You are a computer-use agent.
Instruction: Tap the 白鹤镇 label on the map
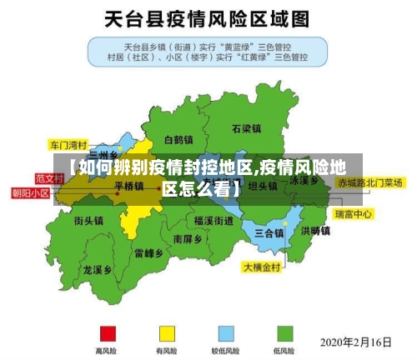click(178, 139)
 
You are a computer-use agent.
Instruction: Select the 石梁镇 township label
click(247, 129)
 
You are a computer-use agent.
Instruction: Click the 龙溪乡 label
click(97, 270)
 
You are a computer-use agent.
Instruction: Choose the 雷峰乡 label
click(149, 252)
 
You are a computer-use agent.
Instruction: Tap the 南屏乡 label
click(188, 237)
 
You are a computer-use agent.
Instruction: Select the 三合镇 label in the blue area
click(270, 232)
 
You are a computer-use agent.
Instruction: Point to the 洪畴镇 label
click(316, 231)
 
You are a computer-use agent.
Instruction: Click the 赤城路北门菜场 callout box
click(369, 182)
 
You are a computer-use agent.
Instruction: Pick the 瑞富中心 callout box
click(354, 214)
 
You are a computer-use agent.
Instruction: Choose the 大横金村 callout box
click(263, 268)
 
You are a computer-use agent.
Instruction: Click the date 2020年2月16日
click(357, 342)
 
